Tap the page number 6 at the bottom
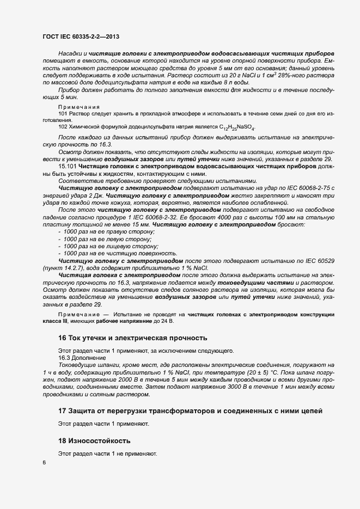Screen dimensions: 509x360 click(44, 463)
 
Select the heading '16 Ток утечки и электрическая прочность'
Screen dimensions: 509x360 click(132, 338)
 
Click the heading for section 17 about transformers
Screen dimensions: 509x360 click(191, 410)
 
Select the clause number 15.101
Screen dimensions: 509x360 click(68, 165)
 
